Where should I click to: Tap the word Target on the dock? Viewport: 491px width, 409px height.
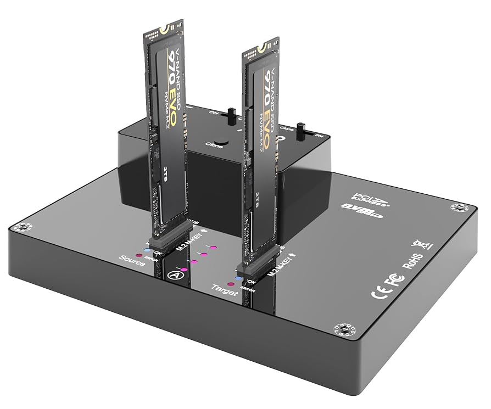tap(225, 289)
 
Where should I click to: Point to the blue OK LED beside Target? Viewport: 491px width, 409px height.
tap(237, 278)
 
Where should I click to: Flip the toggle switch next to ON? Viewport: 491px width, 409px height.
tap(231, 115)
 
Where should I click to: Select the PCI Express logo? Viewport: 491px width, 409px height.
tap(365, 195)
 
